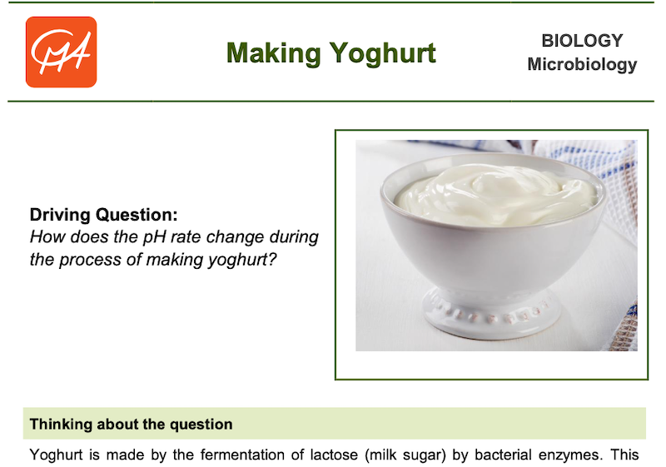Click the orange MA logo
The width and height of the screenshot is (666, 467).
[61, 52]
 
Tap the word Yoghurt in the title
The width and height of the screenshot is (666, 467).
[383, 54]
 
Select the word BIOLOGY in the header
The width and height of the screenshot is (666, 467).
[582, 41]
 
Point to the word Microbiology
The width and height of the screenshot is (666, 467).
[582, 65]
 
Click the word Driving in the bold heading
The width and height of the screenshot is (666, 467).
[60, 215]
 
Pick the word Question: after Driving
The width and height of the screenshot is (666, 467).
[137, 215]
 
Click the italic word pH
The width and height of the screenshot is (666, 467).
[155, 237]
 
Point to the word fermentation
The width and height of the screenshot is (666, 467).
[242, 455]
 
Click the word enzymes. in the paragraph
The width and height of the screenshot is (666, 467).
[570, 455]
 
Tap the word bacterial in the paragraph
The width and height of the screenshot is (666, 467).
[503, 455]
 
